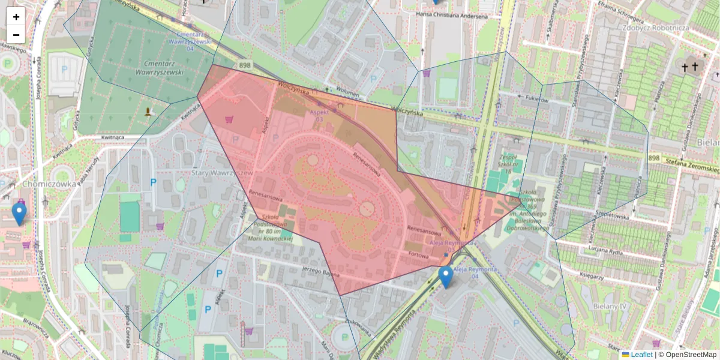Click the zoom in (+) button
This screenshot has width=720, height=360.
(x=16, y=17)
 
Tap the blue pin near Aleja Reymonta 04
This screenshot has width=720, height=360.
(x=445, y=277)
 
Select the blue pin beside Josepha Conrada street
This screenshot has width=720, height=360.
(x=19, y=213)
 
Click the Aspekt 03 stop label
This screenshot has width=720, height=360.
(x=319, y=116)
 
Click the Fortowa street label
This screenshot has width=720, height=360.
(x=421, y=254)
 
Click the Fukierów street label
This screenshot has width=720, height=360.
(x=537, y=100)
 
